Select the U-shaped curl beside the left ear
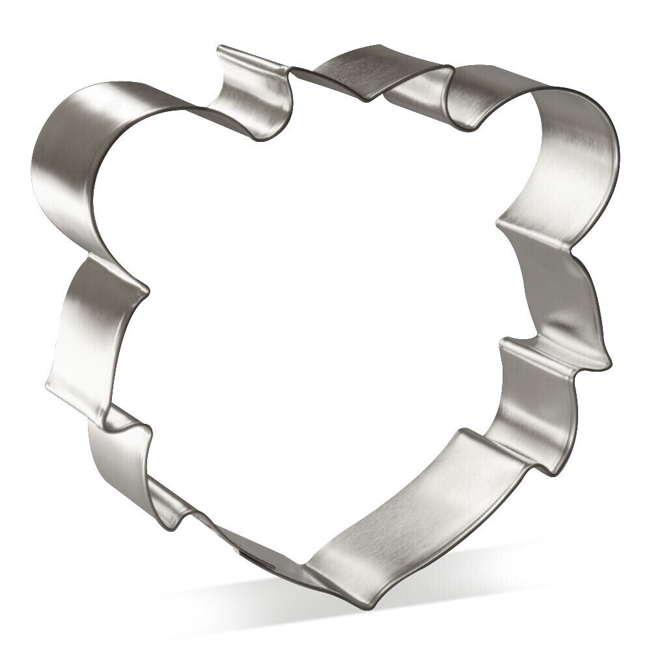point(254,91)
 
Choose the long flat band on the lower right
point(404,508)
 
